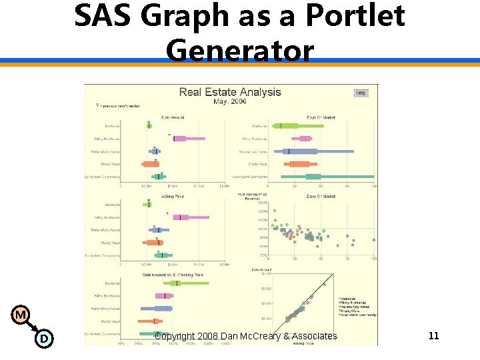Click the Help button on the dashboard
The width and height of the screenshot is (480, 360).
361,93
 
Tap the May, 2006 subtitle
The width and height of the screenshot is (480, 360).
230,101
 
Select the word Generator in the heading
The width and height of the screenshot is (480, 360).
240,50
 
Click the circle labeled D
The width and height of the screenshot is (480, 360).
43,339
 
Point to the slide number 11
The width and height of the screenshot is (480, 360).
433,335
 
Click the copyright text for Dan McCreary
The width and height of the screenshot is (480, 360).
245,336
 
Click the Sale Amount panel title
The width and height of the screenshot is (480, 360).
173,117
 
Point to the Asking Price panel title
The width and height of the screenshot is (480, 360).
173,197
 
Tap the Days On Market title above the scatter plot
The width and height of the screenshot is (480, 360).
321,197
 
